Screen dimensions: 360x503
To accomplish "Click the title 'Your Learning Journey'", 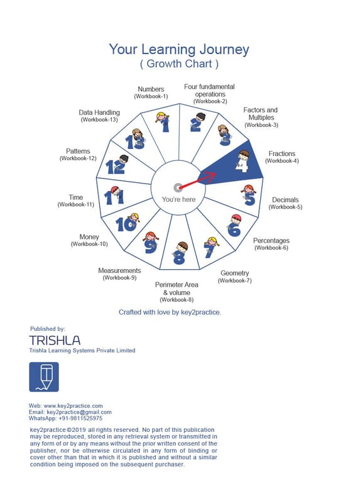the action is (x=179, y=50).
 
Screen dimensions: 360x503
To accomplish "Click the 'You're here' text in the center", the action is (x=178, y=199).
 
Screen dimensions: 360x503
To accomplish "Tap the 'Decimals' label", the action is (x=285, y=199).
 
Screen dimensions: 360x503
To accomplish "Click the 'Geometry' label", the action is (x=234, y=273).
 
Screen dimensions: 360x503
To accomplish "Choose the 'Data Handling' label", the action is (x=99, y=113).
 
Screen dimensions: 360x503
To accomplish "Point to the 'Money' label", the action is (x=89, y=237).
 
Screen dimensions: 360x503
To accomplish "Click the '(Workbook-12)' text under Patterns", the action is (x=78, y=158).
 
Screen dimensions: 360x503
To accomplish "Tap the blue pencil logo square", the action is (x=44, y=377).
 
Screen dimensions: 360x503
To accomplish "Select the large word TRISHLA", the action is (x=55, y=340).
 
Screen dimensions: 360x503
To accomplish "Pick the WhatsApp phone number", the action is (x=80, y=418).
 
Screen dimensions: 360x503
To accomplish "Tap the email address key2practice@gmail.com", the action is (x=79, y=412).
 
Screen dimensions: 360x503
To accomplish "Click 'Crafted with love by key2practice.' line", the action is (x=170, y=312).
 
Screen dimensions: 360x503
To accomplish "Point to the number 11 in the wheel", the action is (x=114, y=197).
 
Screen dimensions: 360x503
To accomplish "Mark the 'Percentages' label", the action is (x=271, y=241).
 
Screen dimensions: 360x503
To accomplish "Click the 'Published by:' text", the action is (x=48, y=329).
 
